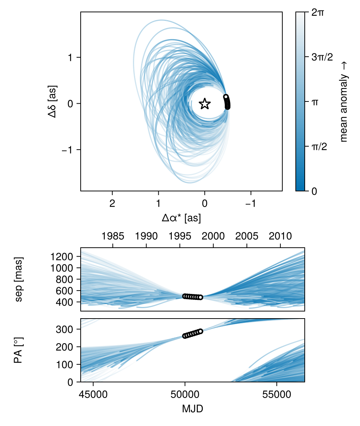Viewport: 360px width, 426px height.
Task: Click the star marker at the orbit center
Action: (204, 104)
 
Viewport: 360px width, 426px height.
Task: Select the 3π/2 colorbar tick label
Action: (322, 57)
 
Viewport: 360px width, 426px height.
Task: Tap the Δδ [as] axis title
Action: (52, 104)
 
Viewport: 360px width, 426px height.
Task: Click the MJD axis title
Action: (192, 409)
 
